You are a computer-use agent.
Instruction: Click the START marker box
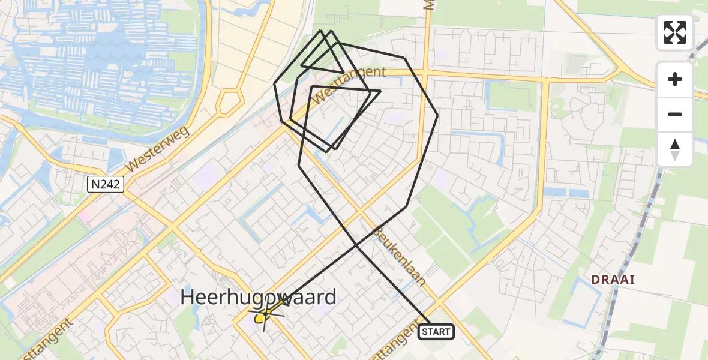click(436, 331)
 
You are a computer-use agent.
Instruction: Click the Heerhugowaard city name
click(259, 297)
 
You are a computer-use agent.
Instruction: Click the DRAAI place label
click(613, 280)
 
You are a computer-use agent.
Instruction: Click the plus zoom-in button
click(675, 79)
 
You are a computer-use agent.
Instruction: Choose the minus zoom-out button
click(675, 114)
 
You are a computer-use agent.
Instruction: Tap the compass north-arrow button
click(675, 149)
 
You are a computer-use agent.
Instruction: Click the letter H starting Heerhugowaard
click(188, 297)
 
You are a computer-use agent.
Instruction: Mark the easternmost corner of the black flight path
click(437, 114)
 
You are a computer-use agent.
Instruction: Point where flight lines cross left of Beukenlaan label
click(356, 245)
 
